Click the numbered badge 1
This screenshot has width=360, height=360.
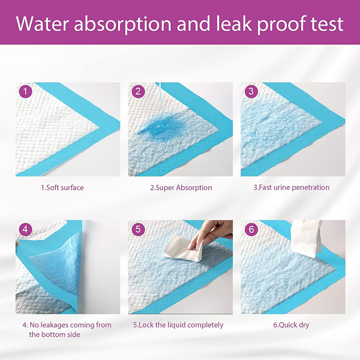pyautogui.click(x=26, y=92)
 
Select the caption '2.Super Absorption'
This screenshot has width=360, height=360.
pyautogui.click(x=181, y=187)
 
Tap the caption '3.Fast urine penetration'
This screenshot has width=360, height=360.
pyautogui.click(x=291, y=187)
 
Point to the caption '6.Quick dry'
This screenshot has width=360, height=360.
pyautogui.click(x=291, y=325)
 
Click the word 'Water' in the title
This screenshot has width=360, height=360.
pyautogui.click(x=42, y=24)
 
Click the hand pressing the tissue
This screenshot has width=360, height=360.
pyautogui.click(x=211, y=234)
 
